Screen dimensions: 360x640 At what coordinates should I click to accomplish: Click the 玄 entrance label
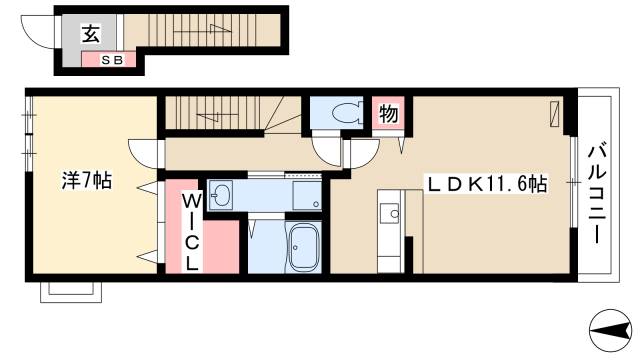click(x=89, y=35)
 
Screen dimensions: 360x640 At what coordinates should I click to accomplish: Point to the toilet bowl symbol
click(x=339, y=113)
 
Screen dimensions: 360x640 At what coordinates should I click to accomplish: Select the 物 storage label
click(x=388, y=113)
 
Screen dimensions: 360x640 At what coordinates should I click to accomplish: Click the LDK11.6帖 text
click(x=487, y=184)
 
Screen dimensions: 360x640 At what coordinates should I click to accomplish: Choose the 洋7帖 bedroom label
click(x=87, y=182)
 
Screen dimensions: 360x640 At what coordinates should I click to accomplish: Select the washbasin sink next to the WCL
click(x=221, y=194)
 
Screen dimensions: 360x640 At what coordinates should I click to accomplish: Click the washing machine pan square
click(x=306, y=196)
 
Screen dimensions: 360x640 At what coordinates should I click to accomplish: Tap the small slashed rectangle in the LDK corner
click(x=554, y=112)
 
